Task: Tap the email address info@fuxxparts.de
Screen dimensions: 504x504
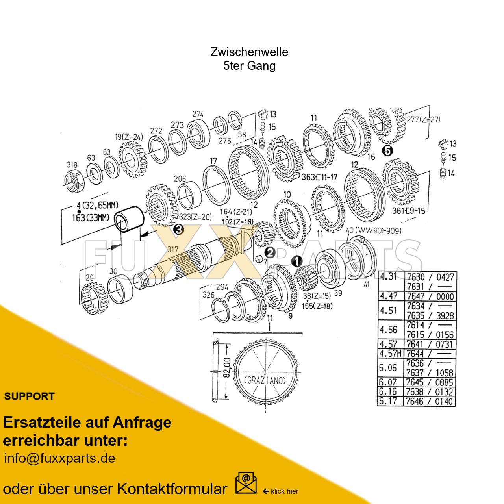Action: (59, 458)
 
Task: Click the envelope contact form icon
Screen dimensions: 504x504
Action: (246, 483)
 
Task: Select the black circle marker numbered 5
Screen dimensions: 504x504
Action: (388, 151)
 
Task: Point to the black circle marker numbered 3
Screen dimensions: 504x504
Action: (179, 229)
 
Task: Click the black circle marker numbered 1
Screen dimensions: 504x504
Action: (296, 261)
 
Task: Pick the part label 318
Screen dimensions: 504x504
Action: (72, 165)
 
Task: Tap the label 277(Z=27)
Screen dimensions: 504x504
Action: (423, 119)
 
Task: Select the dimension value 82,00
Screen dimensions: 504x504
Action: (227, 367)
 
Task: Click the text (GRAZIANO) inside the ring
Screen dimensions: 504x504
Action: (265, 380)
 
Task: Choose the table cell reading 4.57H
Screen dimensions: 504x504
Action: (390, 354)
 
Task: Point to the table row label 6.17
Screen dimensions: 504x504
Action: (388, 401)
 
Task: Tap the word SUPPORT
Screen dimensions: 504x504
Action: (30, 397)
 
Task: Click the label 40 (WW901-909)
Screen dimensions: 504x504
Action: (373, 230)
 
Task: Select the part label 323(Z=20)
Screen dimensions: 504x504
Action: (195, 217)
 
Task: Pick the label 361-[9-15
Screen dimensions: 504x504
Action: (408, 211)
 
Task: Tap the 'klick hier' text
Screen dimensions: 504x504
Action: (284, 491)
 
